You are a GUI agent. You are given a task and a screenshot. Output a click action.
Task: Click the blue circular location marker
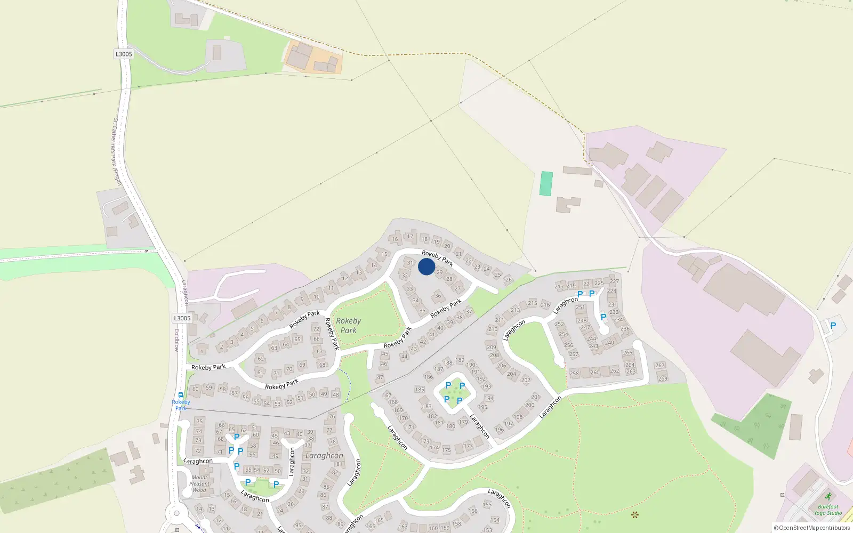tap(426, 266)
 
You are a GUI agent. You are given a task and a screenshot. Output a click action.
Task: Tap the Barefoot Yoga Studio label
tap(827, 510)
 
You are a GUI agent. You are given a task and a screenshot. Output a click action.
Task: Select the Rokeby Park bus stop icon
tap(181, 395)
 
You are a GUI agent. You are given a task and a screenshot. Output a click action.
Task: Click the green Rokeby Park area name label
tap(348, 325)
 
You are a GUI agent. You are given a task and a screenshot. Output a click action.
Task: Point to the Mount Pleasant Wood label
tap(199, 484)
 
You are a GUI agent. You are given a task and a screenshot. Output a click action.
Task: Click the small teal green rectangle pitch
tap(546, 183)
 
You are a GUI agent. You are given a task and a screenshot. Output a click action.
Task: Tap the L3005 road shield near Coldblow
tap(182, 318)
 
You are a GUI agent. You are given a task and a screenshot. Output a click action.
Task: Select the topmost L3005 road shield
tap(124, 54)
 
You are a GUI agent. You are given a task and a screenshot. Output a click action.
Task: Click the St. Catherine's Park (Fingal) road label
tap(117, 152)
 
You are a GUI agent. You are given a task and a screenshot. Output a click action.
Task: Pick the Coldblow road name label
tap(177, 340)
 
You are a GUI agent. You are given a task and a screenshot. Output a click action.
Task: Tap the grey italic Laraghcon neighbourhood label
tap(324, 456)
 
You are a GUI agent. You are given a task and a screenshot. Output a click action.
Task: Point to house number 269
tap(663, 378)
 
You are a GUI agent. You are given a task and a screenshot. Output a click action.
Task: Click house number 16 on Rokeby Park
tap(395, 239)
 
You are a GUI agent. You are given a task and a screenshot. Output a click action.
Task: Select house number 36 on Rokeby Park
tap(438, 296)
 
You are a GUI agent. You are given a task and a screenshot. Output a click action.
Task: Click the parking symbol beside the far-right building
tap(833, 326)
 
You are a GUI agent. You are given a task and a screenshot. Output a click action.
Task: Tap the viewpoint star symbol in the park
tap(634, 515)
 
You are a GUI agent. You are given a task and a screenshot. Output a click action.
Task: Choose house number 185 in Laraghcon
tap(420, 390)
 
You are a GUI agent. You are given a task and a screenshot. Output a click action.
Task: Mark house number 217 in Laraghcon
tap(559, 286)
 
